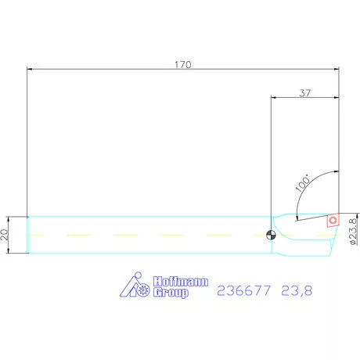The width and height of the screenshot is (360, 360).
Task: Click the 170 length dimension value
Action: coord(182,64)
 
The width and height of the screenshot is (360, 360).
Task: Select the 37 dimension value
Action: coord(305,92)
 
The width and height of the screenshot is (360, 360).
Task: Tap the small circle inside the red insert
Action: coord(333,221)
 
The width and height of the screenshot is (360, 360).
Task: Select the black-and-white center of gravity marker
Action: coord(271,234)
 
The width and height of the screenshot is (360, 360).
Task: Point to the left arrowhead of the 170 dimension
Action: coord(30,70)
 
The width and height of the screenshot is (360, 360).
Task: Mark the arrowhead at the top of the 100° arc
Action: coord(337,173)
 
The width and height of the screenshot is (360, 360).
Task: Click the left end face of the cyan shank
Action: coord(28,235)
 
